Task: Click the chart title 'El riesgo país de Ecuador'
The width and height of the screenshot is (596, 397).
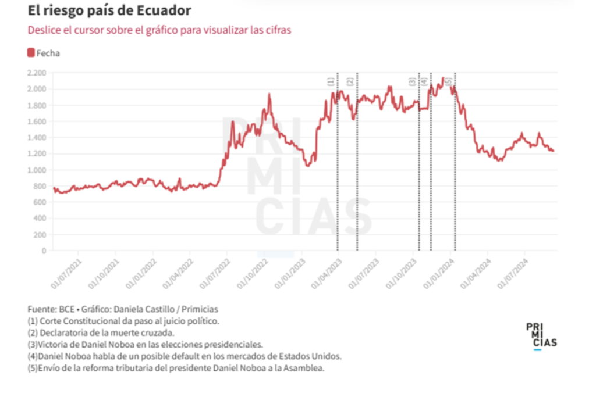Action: [x=109, y=11]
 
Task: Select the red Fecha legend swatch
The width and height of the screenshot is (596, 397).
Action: [x=31, y=53]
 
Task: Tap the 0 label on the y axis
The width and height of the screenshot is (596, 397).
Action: [x=44, y=251]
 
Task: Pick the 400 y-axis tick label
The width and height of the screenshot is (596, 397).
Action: [x=39, y=219]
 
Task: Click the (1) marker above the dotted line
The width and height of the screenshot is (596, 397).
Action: [x=331, y=82]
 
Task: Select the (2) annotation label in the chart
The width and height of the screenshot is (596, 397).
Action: [x=350, y=82]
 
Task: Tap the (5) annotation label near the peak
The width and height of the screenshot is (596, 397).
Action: [x=448, y=82]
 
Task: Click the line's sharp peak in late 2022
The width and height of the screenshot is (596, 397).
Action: [x=269, y=94]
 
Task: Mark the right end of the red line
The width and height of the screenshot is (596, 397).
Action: [x=554, y=151]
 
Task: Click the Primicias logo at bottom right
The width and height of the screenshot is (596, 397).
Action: [x=541, y=336]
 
